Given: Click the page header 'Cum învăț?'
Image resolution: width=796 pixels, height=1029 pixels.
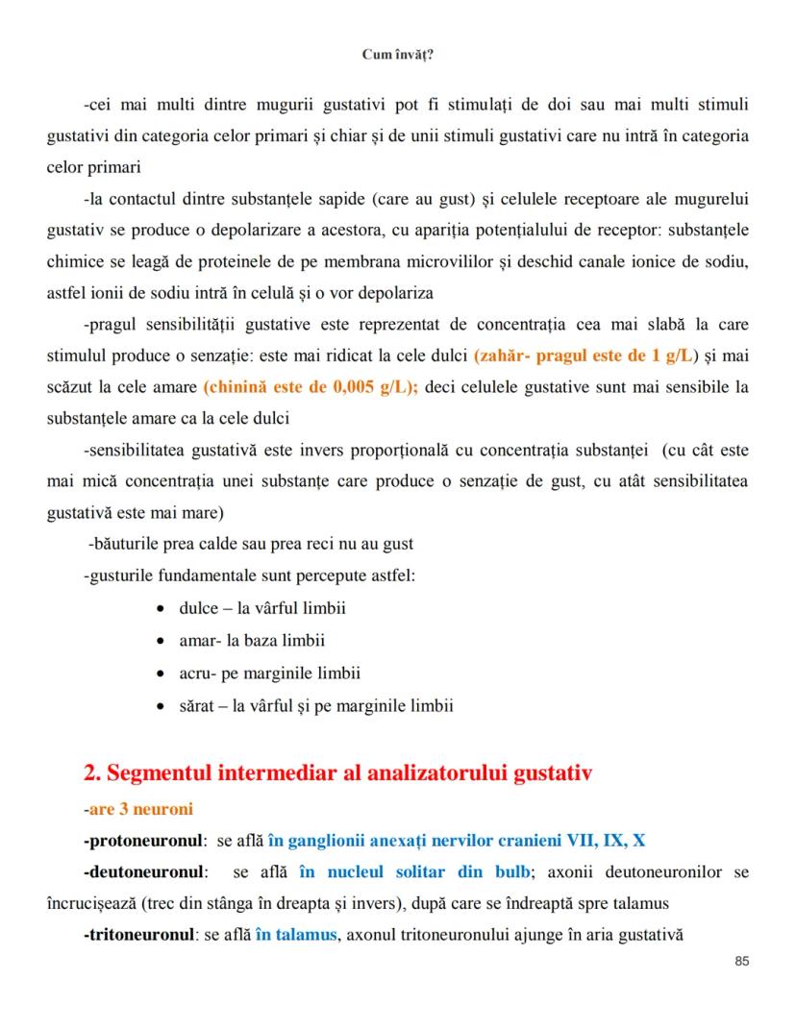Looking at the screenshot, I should [397, 55].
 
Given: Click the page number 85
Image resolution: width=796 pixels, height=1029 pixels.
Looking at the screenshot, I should [740, 961].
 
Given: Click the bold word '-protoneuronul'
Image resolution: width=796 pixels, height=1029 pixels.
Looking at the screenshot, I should [143, 841].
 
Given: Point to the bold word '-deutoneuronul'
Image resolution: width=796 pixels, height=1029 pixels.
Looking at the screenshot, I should [145, 872].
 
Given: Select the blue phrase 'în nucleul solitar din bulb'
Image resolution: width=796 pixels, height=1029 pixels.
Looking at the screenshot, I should [413, 872].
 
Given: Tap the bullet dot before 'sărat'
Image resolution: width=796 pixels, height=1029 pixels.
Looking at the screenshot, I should [161, 706].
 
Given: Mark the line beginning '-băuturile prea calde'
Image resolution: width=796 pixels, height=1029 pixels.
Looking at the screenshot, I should [250, 544].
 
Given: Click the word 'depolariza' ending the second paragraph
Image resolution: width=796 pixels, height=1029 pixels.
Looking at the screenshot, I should [396, 292].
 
